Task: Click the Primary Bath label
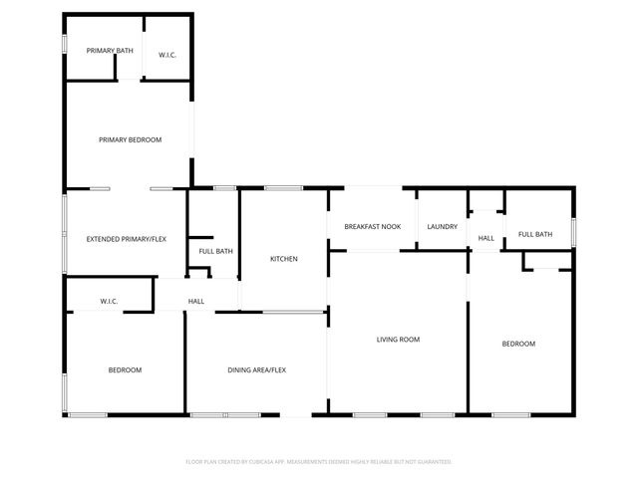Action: [x=110, y=51]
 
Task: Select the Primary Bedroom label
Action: [x=130, y=140]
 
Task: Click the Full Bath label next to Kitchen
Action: [x=215, y=251]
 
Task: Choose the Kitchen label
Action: [x=284, y=259]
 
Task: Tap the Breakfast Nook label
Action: [x=373, y=227]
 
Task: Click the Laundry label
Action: [x=442, y=227]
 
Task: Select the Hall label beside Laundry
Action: [x=486, y=239]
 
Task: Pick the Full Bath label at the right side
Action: [x=534, y=234]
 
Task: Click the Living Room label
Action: [x=398, y=340]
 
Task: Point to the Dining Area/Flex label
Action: [x=257, y=370]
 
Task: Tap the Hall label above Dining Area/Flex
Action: [x=196, y=301]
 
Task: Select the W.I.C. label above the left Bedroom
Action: [x=110, y=301]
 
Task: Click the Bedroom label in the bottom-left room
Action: [x=125, y=370]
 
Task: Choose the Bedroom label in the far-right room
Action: [x=518, y=344]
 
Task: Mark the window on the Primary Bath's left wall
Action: [x=65, y=46]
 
